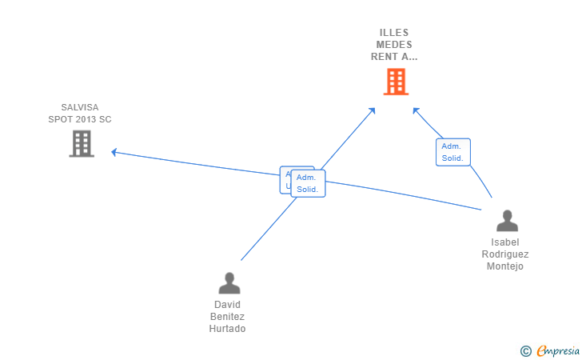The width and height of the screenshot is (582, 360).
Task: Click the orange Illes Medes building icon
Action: coord(396,82)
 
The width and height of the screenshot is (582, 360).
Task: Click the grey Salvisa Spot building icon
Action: coord(82,143)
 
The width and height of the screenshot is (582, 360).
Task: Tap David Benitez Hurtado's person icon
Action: coord(229,283)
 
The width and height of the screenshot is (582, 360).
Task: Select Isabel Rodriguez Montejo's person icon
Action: coord(507,221)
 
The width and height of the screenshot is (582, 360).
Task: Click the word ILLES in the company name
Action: coord(394,33)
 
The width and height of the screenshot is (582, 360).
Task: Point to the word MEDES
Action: coord(394,45)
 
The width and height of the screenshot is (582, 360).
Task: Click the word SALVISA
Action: coord(80,107)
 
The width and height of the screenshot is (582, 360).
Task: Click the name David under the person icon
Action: coord(228,305)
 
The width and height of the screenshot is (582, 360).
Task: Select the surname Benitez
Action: coord(228,317)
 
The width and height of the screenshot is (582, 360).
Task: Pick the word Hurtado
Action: coord(228,329)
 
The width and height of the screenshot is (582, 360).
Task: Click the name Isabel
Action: coord(505,242)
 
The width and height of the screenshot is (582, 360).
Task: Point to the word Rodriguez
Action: coord(505,254)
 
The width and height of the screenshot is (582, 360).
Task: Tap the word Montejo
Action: coord(505,266)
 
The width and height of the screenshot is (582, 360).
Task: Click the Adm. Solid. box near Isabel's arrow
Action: coord(452,152)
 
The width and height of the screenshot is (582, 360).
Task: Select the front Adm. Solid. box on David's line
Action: coord(308,183)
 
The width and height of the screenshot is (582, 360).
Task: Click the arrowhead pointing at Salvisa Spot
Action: coord(114,151)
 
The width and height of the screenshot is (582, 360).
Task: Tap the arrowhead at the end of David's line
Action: coord(373,110)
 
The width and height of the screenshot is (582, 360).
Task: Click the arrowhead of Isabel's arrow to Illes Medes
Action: coord(415,110)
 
